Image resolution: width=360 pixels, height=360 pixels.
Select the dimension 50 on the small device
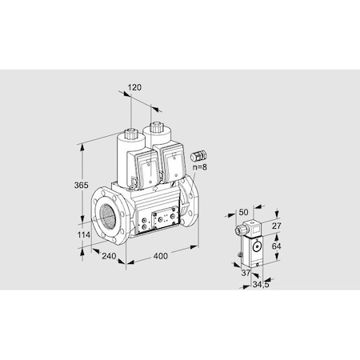pos(243,213)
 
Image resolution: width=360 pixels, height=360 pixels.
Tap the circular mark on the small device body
pos(256,246)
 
